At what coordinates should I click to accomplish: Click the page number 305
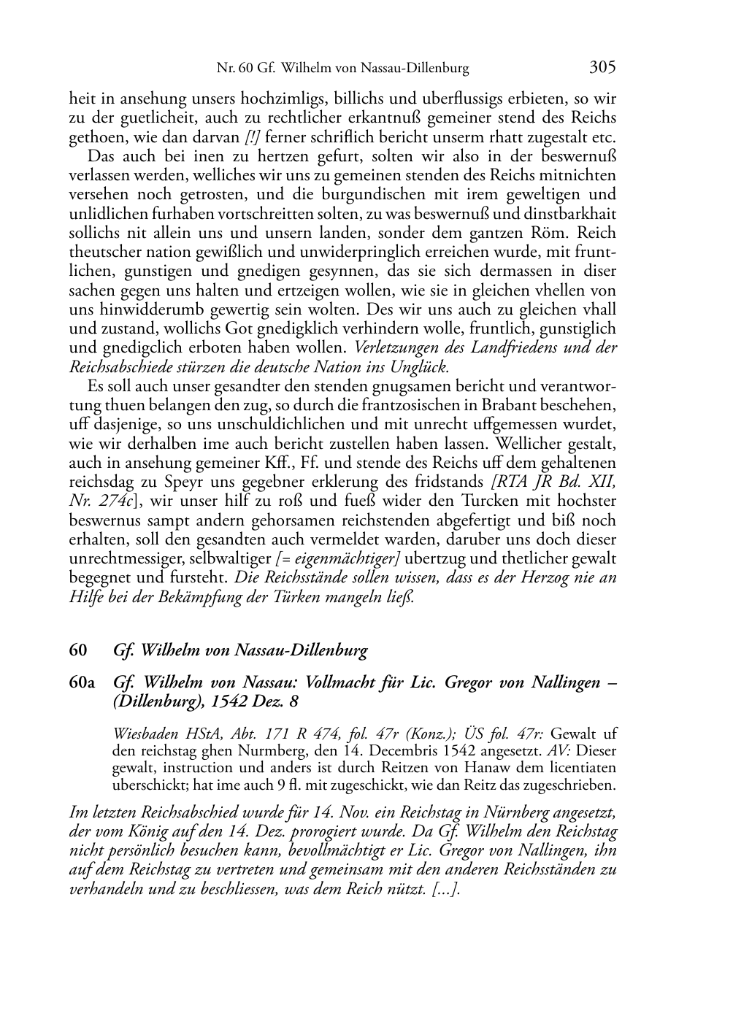[602, 68]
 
